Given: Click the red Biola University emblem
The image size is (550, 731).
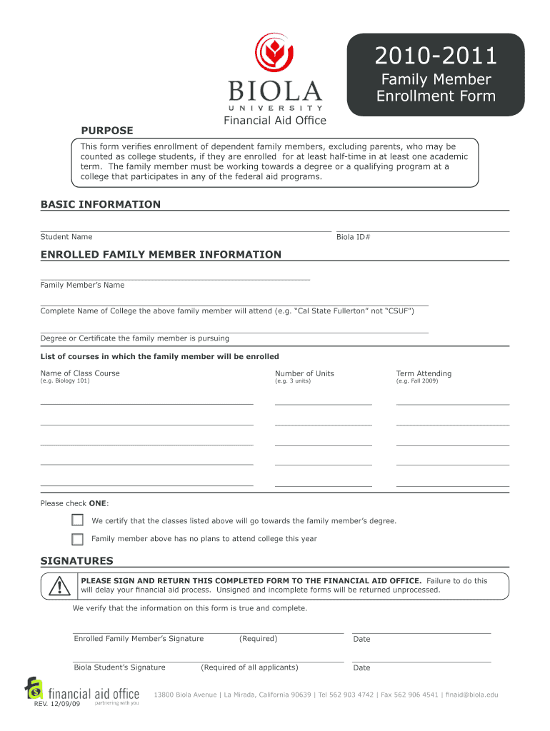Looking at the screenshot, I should (x=274, y=54).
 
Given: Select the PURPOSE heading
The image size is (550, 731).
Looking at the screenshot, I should (x=106, y=130).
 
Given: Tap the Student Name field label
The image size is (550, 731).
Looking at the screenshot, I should (x=66, y=237).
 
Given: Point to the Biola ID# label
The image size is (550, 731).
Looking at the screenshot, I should (x=353, y=237).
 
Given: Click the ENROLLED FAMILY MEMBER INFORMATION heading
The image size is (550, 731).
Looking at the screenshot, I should (x=161, y=254).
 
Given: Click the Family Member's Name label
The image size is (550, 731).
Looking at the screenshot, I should (x=82, y=286).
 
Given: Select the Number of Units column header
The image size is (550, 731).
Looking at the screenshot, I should (x=304, y=373).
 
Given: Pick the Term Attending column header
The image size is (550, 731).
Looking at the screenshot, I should (x=424, y=373).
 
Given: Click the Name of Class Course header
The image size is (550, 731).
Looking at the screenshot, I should (x=80, y=373).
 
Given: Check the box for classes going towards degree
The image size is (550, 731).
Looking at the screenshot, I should (x=77, y=520).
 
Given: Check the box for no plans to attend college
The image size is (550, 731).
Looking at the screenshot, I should (x=77, y=539).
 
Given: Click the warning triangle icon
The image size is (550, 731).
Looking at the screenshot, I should (x=59, y=586).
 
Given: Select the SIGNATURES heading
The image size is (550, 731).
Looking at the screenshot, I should (x=76, y=560).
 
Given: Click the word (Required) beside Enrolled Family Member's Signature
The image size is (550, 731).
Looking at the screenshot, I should (x=258, y=639).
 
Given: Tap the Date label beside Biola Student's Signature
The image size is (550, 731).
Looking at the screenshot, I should (x=361, y=668).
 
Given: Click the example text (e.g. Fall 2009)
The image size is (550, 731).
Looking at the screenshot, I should (x=417, y=381).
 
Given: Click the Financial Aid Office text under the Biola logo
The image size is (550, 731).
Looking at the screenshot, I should (x=274, y=120).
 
